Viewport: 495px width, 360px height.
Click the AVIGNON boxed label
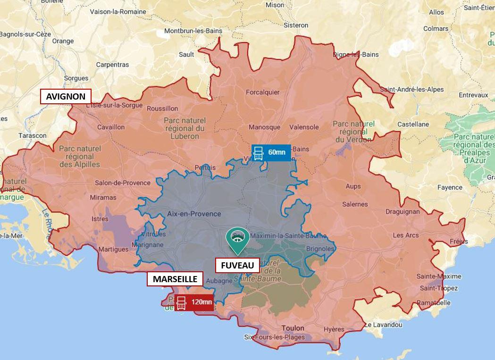66,97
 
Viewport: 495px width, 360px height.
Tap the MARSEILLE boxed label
175,279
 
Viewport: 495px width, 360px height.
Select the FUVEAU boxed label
237,265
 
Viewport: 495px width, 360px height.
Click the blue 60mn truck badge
271,152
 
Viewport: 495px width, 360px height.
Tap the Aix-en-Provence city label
194,214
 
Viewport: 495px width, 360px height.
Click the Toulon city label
293,328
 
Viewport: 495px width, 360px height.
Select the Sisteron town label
296,25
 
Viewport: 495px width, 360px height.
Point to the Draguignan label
402,212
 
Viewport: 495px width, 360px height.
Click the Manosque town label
264,127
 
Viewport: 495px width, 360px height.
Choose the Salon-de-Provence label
116,183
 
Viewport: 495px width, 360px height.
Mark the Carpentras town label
112,65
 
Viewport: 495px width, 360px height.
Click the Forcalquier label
263,92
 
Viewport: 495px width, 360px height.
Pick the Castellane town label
413,124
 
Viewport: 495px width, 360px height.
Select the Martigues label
113,249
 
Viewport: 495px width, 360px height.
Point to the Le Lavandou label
383,325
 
